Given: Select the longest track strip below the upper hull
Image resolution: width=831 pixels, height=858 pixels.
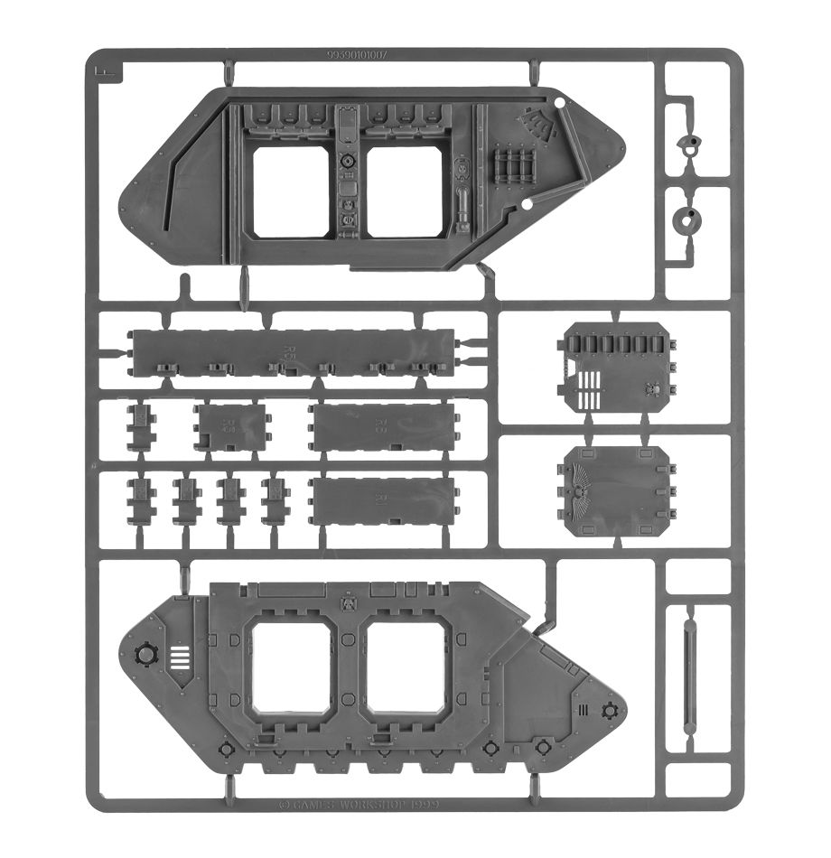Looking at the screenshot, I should (294, 350).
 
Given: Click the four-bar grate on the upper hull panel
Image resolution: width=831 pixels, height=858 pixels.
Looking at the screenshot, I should (511, 167).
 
